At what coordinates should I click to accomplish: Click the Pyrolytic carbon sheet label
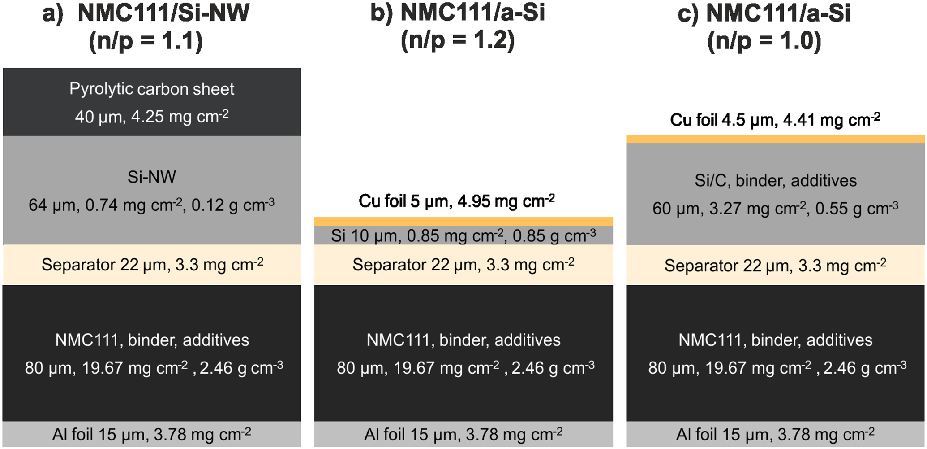coord(151,89)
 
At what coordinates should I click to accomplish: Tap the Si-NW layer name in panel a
coord(151,177)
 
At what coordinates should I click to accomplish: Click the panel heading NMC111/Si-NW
coord(163,13)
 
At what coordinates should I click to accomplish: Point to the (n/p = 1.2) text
coord(458,40)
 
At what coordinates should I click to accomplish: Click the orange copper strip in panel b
coord(463,221)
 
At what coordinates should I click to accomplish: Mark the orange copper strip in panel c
coord(775,139)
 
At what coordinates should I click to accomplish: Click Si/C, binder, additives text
coord(775,181)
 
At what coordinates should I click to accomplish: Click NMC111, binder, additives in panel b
coord(463,340)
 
